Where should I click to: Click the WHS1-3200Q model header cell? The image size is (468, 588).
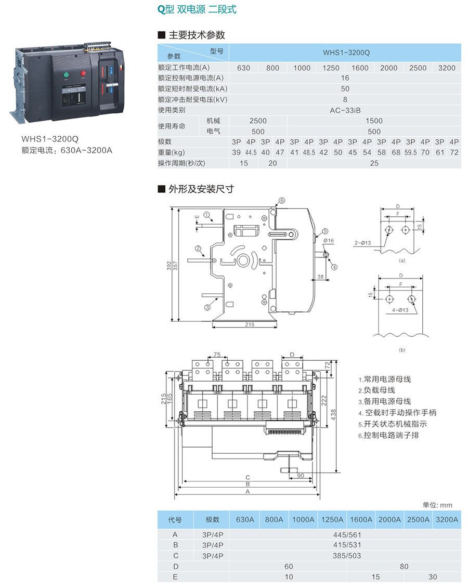click(x=345, y=52)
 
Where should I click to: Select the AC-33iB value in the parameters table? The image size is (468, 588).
click(x=345, y=110)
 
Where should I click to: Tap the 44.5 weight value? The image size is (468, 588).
click(x=251, y=152)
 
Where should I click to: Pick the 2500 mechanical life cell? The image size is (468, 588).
click(x=258, y=121)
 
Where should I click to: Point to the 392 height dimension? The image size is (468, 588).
click(x=169, y=265)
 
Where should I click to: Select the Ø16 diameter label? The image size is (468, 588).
click(x=328, y=241)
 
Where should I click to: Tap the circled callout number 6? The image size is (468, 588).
click(x=281, y=200)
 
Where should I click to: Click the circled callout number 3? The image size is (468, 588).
click(x=207, y=307)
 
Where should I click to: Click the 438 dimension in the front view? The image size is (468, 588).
click(x=333, y=413)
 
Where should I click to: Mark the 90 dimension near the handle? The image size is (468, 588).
click(x=301, y=476)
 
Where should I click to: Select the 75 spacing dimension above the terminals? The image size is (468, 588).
click(x=217, y=355)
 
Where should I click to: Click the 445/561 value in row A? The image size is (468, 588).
click(x=345, y=534)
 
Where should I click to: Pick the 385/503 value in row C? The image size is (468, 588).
click(x=345, y=556)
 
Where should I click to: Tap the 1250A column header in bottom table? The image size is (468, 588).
click(x=332, y=519)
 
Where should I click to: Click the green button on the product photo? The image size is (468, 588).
click(x=67, y=75)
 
